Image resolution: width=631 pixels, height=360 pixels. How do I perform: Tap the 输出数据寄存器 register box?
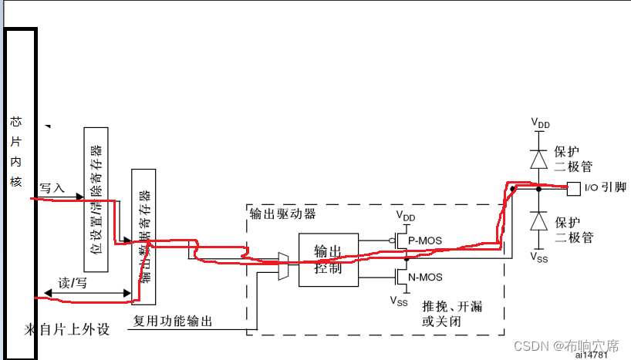pos(143,239)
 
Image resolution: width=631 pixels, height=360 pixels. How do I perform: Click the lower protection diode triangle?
pos(539,220)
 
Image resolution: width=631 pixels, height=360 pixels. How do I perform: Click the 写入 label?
pos(52,187)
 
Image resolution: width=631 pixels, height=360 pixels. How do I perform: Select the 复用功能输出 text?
pos(173,321)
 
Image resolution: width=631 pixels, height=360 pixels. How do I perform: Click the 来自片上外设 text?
pos(66,330)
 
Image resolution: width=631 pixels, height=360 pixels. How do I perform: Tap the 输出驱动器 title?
pos(283,213)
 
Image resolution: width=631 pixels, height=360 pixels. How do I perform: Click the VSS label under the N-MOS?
pos(398,301)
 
